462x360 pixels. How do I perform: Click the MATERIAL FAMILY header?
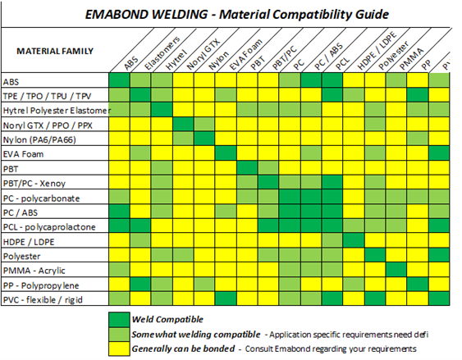click(54, 51)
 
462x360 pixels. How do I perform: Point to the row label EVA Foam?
click(24, 153)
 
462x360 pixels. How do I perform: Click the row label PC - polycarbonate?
click(40, 197)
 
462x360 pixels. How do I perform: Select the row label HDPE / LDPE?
click(29, 240)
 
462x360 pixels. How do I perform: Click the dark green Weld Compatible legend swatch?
click(120, 317)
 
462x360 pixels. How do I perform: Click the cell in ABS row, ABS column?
click(120, 80)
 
